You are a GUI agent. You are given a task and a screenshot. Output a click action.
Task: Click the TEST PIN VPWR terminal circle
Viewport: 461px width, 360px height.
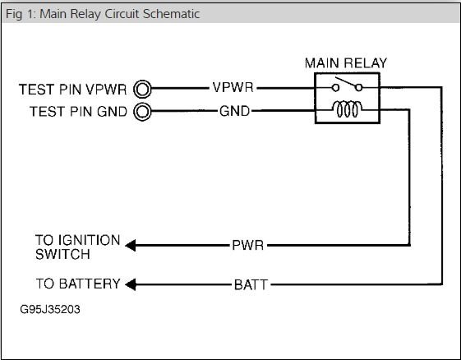142,89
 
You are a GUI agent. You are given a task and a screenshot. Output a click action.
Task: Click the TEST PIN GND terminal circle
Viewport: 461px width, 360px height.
142,112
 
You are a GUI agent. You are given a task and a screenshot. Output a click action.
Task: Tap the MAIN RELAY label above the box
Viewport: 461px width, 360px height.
346,63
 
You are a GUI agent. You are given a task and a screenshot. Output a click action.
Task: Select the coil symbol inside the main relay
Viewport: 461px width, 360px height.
347,109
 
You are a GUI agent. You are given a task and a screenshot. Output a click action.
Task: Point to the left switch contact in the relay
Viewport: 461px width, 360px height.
335,88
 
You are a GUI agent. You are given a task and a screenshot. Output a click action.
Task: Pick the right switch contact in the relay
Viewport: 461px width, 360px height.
358,88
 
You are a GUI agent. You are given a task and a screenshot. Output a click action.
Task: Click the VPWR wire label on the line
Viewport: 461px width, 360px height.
233,87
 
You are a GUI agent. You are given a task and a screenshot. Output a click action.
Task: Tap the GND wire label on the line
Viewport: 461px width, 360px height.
234,111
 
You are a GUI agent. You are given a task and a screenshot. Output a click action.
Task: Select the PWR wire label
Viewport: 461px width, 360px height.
248,245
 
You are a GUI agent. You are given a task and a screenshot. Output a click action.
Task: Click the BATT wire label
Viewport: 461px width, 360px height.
251,284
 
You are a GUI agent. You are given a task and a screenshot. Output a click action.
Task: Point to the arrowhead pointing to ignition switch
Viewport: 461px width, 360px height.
131,245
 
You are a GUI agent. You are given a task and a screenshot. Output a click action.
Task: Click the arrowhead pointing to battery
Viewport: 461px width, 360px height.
131,284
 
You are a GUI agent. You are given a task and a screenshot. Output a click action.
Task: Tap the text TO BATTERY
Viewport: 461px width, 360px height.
78,284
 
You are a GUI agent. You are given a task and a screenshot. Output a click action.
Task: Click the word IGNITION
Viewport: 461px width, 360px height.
90,240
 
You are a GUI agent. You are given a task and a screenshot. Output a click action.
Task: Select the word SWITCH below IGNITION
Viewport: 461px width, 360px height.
62,255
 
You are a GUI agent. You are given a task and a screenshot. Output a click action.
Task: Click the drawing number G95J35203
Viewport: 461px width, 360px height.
50,309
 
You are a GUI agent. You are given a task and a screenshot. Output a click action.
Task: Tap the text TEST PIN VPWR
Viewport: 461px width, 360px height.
72,90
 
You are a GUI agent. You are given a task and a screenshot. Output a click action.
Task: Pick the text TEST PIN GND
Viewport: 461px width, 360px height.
78,112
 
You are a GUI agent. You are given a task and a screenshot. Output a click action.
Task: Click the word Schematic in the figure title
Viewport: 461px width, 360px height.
172,14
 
